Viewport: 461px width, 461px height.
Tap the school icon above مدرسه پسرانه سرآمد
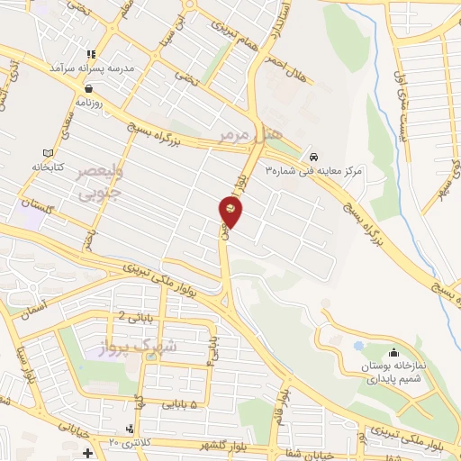(x=91, y=54)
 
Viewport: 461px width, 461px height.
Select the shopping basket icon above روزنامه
(x=91, y=88)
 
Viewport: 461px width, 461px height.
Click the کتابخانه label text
(x=50, y=167)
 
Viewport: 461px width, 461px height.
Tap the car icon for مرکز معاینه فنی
(x=312, y=153)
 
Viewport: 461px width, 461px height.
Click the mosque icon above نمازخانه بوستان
(x=393, y=352)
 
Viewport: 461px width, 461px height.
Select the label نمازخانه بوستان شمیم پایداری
(x=393, y=373)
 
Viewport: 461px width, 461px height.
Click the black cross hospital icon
(x=86, y=452)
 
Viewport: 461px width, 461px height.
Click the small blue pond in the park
(x=358, y=345)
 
